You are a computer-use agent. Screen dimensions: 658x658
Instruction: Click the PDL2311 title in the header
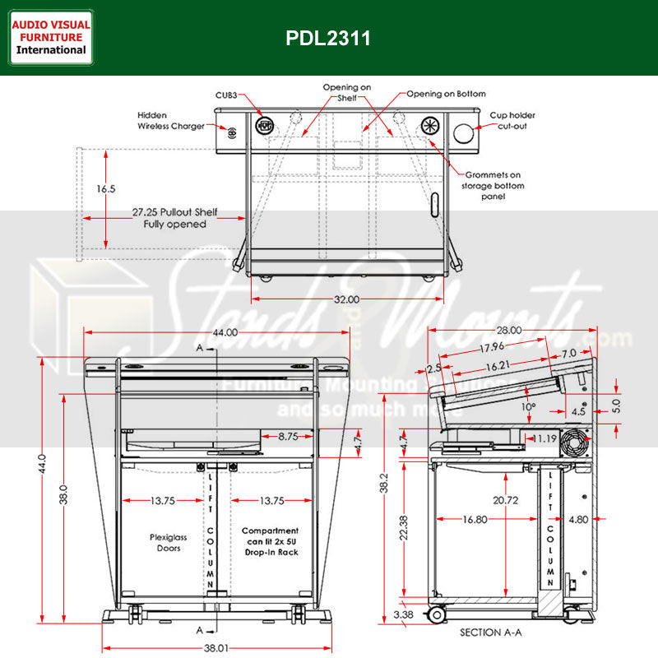click(x=328, y=38)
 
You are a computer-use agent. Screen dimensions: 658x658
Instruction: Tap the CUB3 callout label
click(x=227, y=95)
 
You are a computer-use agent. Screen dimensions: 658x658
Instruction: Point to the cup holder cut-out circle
click(x=464, y=132)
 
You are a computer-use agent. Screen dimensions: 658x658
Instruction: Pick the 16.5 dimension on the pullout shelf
click(x=105, y=189)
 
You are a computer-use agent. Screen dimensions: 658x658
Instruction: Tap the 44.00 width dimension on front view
click(x=225, y=332)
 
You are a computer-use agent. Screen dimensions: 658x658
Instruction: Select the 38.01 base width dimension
click(x=215, y=649)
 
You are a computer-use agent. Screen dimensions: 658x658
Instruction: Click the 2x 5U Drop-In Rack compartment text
click(x=271, y=541)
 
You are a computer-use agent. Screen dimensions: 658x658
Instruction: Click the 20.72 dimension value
click(x=506, y=499)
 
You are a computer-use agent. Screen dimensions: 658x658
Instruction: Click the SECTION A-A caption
click(x=492, y=633)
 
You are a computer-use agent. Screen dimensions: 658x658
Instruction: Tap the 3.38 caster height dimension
click(x=403, y=614)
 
